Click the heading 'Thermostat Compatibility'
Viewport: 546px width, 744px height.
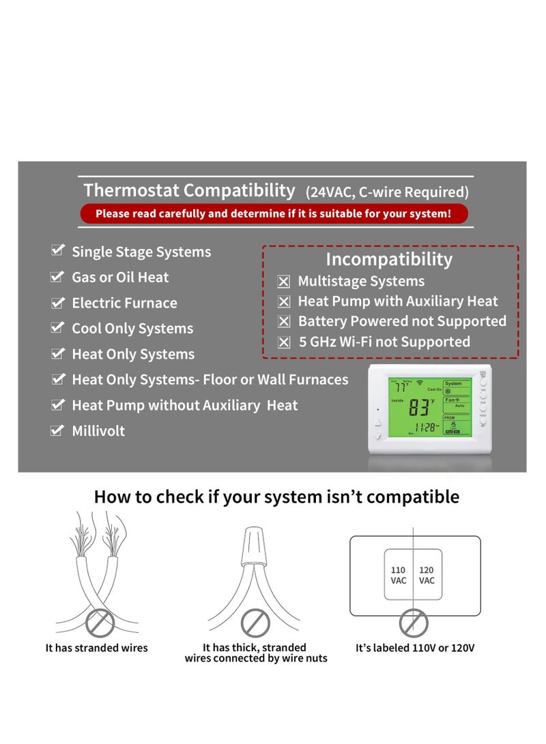(189, 190)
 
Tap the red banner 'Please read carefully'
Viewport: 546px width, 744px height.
(273, 213)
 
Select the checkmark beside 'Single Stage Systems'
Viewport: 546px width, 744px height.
(58, 251)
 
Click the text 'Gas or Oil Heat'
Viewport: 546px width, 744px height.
(120, 277)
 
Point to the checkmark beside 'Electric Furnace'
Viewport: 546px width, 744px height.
(58, 302)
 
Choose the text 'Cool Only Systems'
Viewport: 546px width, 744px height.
(132, 328)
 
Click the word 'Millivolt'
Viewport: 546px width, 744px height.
(98, 430)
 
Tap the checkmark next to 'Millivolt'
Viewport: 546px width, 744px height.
(58, 430)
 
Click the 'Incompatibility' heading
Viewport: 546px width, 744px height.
(389, 259)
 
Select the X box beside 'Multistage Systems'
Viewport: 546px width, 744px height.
(284, 282)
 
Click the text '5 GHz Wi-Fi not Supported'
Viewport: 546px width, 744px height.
(384, 342)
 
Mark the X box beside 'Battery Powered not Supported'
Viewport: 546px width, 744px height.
(284, 322)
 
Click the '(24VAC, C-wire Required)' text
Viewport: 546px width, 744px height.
(387, 192)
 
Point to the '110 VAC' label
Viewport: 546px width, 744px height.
(398, 575)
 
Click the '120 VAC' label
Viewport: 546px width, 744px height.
(427, 575)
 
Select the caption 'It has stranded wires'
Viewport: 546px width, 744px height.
(96, 648)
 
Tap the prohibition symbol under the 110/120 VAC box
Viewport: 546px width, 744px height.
(413, 623)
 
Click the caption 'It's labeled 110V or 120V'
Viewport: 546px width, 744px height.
(415, 648)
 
